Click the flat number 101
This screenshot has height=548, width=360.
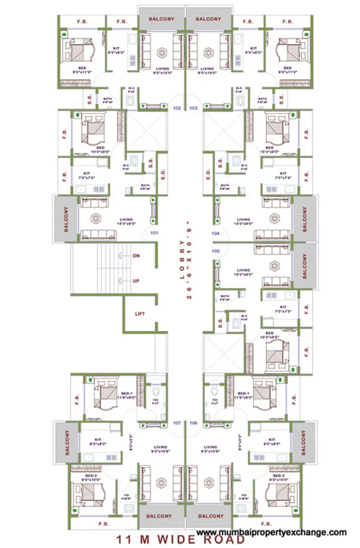click(153, 232)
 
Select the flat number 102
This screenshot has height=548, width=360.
click(177, 107)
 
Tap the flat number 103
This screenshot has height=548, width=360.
click(193, 107)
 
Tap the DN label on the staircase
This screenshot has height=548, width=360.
click(136, 256)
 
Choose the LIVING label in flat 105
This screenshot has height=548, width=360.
click(243, 270)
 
